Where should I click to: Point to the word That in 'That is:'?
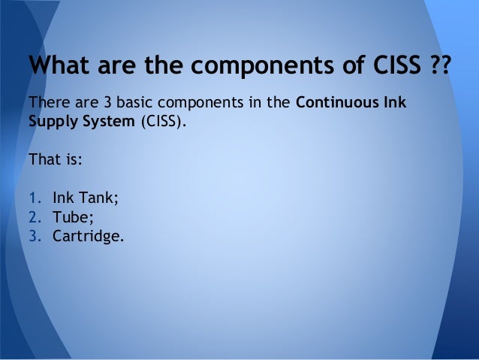pyautogui.click(x=42, y=159)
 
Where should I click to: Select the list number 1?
pyautogui.click(x=32, y=199)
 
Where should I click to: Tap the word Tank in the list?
pyautogui.click(x=94, y=199)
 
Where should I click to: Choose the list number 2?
pyautogui.click(x=32, y=218)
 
